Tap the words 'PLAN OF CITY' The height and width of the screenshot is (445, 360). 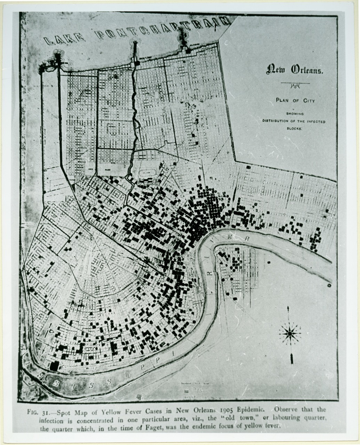(295, 100)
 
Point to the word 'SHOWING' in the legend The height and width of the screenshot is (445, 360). (295, 114)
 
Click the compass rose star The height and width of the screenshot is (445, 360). (290, 333)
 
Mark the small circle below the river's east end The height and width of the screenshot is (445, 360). (329, 285)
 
